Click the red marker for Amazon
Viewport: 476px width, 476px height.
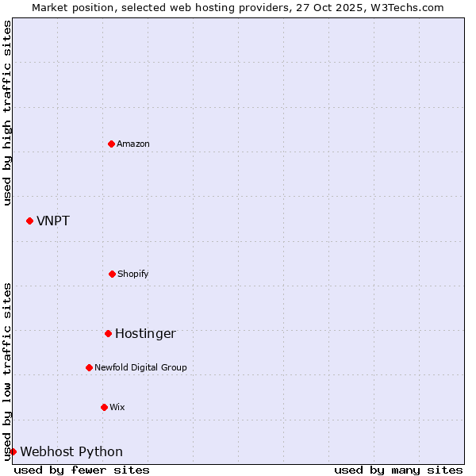(112, 144)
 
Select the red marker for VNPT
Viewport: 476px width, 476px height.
(30, 221)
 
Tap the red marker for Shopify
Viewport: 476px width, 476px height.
(112, 274)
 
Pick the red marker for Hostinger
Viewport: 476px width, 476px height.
(108, 333)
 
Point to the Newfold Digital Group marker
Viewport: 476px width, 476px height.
(89, 367)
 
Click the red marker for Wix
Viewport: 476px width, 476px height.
(104, 407)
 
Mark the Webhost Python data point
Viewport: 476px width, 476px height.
(13, 451)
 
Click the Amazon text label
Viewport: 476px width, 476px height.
(133, 144)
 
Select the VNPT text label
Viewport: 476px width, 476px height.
(53, 221)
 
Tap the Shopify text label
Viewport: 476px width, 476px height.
(133, 274)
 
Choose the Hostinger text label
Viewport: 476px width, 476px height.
(145, 333)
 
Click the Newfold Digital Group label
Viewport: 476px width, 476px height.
(140, 367)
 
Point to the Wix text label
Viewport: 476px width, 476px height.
(117, 407)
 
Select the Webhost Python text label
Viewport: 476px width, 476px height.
(71, 451)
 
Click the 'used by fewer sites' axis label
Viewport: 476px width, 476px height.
(82, 470)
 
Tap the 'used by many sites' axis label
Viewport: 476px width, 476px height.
(398, 470)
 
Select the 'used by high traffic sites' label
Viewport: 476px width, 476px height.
(7, 113)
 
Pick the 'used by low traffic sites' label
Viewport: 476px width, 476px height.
(7, 371)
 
